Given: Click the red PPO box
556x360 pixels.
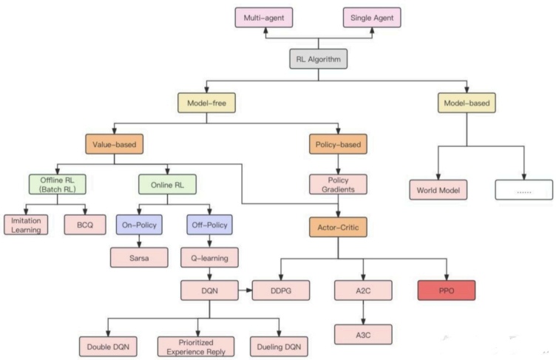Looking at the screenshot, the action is [447, 291].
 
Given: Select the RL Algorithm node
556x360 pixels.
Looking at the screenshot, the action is [319, 59].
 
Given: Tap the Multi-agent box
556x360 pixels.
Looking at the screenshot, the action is [264, 18].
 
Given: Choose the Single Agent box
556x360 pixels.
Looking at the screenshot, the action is [372, 18].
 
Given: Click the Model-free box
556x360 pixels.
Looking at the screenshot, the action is [207, 103].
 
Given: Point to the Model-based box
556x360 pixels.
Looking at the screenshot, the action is [467, 103].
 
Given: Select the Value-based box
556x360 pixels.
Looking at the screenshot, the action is [115, 144].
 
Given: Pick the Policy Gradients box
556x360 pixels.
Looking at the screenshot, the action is [338, 184].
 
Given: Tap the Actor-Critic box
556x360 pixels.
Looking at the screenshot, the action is [338, 227].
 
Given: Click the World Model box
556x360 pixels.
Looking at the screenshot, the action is [438, 190].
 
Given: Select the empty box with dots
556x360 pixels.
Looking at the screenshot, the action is [524, 190].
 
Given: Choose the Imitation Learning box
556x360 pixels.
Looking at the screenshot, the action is [26, 225].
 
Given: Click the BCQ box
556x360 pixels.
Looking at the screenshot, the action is [85, 225].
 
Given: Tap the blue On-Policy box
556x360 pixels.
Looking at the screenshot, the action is [139, 225].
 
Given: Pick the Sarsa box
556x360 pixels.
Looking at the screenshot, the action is [139, 257].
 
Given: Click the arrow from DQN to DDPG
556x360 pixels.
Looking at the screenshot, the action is [245, 291].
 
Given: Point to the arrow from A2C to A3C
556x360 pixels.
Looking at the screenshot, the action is [363, 313].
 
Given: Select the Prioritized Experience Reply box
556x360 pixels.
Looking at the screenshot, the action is [196, 347].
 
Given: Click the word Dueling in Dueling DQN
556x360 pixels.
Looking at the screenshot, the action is [268, 347].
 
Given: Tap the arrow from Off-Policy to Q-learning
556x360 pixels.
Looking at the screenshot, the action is [209, 241].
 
